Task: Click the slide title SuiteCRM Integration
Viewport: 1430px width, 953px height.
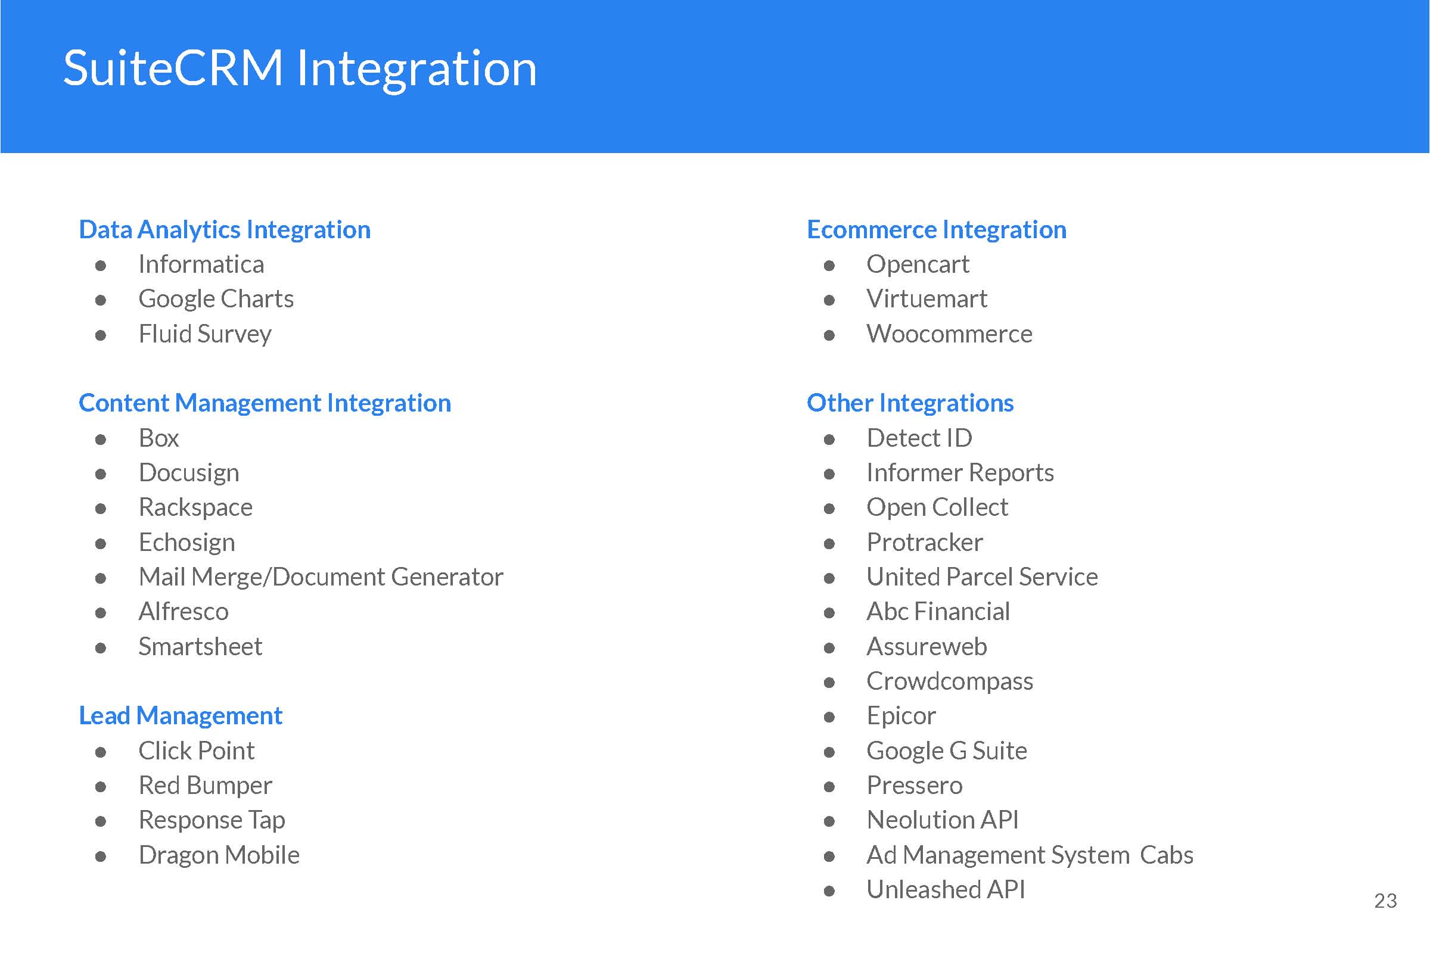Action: click(x=300, y=70)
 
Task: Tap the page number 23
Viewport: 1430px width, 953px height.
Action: click(x=1386, y=901)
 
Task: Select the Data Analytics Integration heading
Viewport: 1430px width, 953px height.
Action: click(x=225, y=230)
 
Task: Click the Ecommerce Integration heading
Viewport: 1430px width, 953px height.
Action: click(x=936, y=230)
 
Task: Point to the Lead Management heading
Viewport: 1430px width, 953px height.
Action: click(x=181, y=716)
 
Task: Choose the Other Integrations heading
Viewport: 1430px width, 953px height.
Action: click(x=910, y=403)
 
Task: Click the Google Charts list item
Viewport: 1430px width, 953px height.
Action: click(x=216, y=299)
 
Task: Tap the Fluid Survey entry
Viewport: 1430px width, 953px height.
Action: click(x=205, y=334)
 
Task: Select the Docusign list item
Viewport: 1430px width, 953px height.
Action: click(x=189, y=473)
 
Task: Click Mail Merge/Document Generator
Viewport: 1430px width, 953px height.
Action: click(x=321, y=577)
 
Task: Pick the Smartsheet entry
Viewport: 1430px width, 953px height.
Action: click(x=200, y=646)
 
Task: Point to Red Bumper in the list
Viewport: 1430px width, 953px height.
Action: click(x=206, y=785)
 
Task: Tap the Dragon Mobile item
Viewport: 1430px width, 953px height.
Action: click(x=219, y=855)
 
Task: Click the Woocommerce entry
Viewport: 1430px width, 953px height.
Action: click(x=949, y=334)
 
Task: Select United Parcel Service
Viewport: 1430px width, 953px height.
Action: click(x=982, y=577)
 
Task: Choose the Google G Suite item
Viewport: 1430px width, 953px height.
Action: click(x=947, y=751)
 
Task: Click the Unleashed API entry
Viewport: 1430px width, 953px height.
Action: click(x=946, y=890)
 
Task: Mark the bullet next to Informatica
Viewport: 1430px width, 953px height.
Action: click(x=101, y=266)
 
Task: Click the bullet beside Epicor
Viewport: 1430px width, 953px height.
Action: click(x=829, y=717)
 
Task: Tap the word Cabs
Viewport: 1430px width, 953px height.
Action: click(x=1167, y=855)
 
